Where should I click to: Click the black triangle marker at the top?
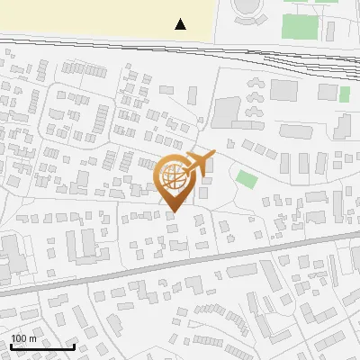(x=181, y=24)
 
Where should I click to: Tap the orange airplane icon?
(x=199, y=164)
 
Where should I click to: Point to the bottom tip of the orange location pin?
(x=173, y=211)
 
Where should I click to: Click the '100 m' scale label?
(x=23, y=337)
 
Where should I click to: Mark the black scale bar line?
(x=42, y=346)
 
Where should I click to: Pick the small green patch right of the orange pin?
(x=246, y=178)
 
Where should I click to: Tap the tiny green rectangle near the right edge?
(x=344, y=95)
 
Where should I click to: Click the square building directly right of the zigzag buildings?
(x=283, y=90)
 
